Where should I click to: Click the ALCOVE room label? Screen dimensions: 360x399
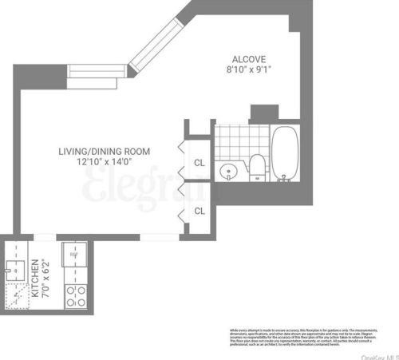(247, 59)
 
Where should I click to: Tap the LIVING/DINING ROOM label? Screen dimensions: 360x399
(104, 151)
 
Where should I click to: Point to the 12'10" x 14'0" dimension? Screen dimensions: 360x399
(104, 162)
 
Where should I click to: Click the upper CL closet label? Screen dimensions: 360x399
(199, 164)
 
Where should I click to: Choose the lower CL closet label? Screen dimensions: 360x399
(199, 211)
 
